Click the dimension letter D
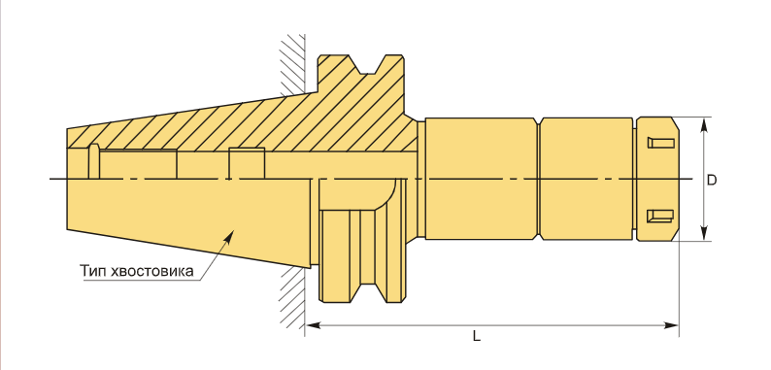tap(712, 180)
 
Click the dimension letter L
tap(476, 337)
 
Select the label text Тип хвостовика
tap(137, 271)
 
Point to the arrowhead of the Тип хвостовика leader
tap(228, 237)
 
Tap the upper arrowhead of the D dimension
tap(704, 125)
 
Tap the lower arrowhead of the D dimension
tap(704, 233)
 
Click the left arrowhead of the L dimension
tap(313, 325)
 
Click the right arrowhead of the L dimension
tap(671, 325)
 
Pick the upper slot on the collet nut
tap(659, 143)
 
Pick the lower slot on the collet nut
tap(659, 216)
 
